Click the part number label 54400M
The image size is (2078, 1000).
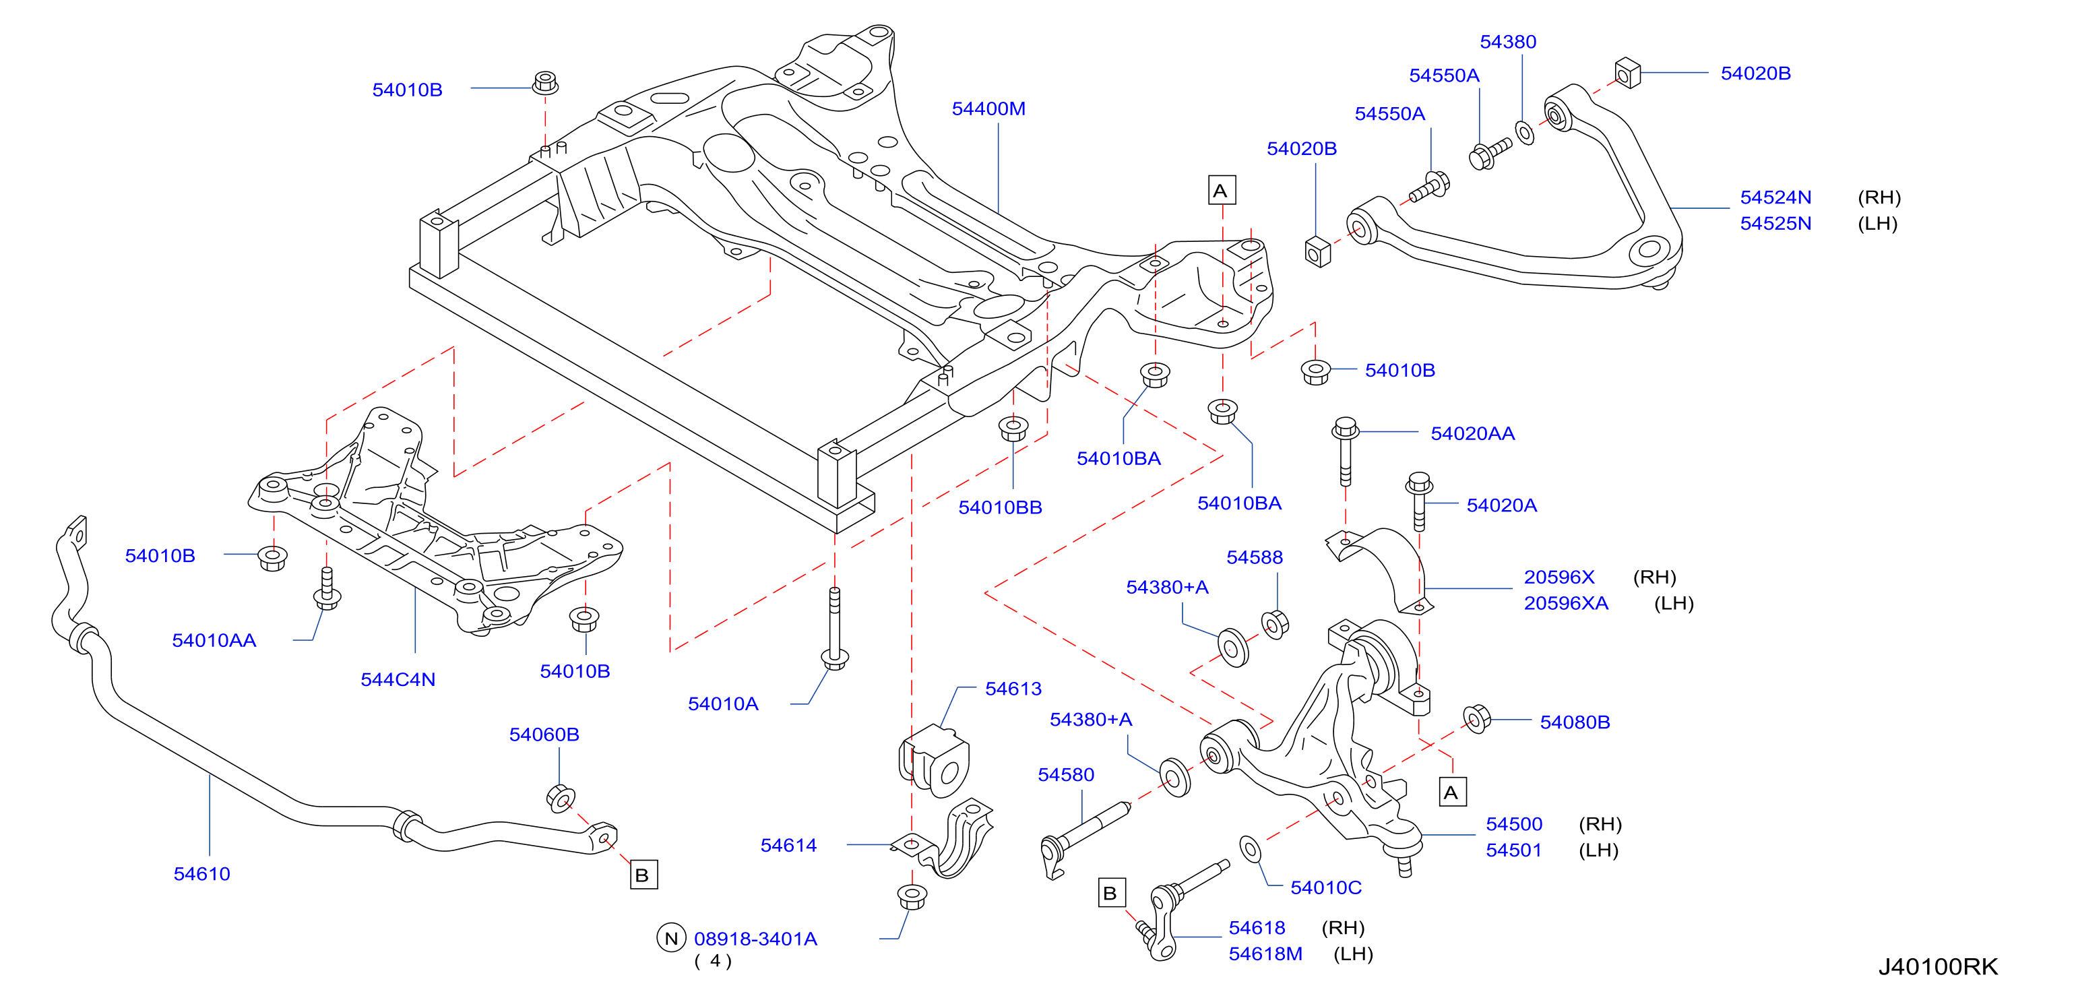point(988,109)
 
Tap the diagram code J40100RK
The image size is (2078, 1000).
point(1938,967)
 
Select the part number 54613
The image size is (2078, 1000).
point(1013,689)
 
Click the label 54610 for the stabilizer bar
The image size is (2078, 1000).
point(201,874)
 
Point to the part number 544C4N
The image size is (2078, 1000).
point(398,680)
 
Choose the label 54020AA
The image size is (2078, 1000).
point(1472,434)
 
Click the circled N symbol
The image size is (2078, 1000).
point(671,938)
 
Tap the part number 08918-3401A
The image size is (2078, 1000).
point(755,939)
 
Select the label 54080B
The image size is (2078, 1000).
point(1575,722)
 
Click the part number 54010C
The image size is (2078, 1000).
point(1325,888)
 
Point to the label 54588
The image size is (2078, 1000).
point(1255,557)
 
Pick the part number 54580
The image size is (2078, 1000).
point(1066,775)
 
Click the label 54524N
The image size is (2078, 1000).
point(1775,197)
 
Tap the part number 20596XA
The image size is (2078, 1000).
point(1566,603)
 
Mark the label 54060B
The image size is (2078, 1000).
point(544,735)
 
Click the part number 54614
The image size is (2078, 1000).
point(788,845)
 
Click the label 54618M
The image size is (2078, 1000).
point(1265,954)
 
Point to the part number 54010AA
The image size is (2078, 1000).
point(214,641)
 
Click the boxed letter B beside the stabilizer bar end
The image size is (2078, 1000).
point(643,875)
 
